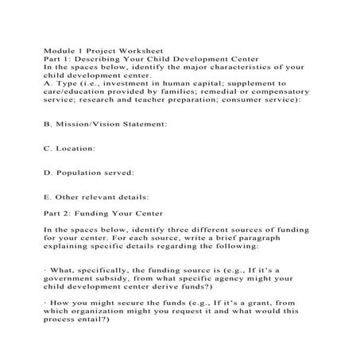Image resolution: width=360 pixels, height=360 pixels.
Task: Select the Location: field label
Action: point(76,148)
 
